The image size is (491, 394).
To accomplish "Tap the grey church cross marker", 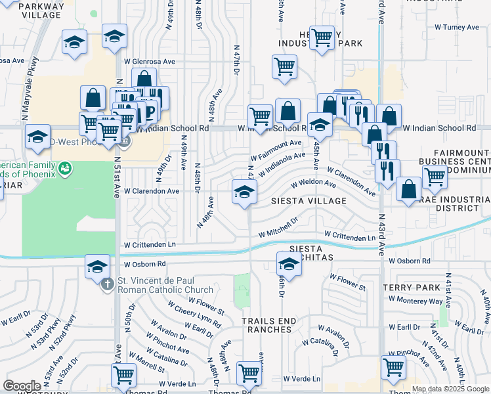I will [x=109, y=283].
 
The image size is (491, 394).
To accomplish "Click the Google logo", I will [x=22, y=386].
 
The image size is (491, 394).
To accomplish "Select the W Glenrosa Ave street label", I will [x=150, y=61].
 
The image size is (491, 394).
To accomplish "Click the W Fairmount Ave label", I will [x=276, y=150].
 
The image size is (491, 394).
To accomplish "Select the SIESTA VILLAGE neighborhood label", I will [x=310, y=200].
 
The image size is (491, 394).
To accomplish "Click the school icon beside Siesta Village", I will [x=244, y=193].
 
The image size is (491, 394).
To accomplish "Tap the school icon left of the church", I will [x=97, y=266].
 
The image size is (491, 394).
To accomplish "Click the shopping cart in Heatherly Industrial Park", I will [x=322, y=38].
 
